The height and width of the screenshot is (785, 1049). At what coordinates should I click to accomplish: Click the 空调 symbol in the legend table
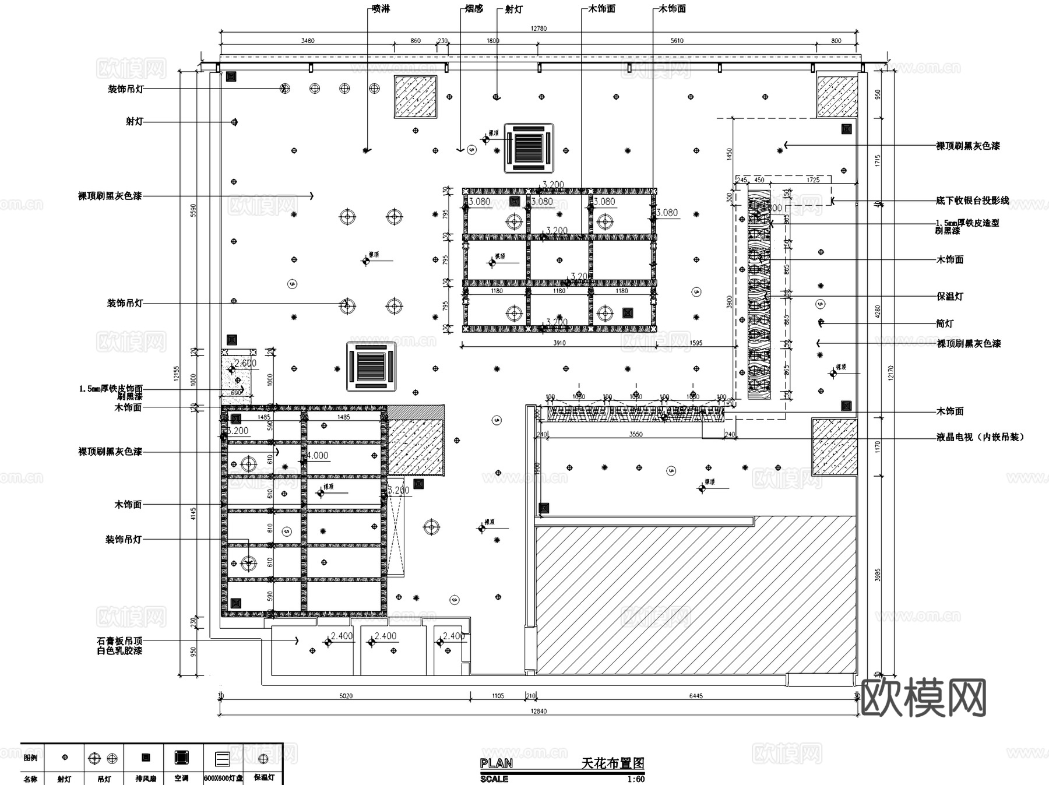182,758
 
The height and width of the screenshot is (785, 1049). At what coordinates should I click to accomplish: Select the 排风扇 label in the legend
145,779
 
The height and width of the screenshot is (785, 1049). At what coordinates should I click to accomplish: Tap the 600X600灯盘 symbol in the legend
222,758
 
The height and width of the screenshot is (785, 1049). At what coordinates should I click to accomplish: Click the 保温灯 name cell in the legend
263,778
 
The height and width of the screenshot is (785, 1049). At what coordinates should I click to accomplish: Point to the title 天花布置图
612,763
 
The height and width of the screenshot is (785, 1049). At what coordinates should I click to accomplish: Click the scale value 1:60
635,779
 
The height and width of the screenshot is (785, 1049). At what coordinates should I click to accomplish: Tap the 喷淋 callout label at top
381,9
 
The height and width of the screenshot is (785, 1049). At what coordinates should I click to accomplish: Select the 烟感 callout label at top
474,9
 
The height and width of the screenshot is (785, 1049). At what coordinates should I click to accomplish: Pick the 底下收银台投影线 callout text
972,200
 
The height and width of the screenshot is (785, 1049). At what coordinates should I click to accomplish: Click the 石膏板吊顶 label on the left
119,640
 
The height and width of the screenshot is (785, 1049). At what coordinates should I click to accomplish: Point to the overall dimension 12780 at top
538,28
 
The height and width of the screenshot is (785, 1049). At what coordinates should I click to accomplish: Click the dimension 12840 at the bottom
538,711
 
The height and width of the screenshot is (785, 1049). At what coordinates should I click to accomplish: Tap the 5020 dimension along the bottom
346,696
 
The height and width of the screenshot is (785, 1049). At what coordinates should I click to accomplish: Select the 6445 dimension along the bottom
696,696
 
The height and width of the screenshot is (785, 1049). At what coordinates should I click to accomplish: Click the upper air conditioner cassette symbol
529,147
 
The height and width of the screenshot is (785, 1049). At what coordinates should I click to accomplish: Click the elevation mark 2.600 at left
245,363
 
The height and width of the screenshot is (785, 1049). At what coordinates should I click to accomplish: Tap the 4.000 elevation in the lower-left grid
318,456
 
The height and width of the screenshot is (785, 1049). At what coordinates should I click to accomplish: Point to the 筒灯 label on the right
945,323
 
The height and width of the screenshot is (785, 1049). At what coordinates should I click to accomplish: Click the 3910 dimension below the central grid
559,343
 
